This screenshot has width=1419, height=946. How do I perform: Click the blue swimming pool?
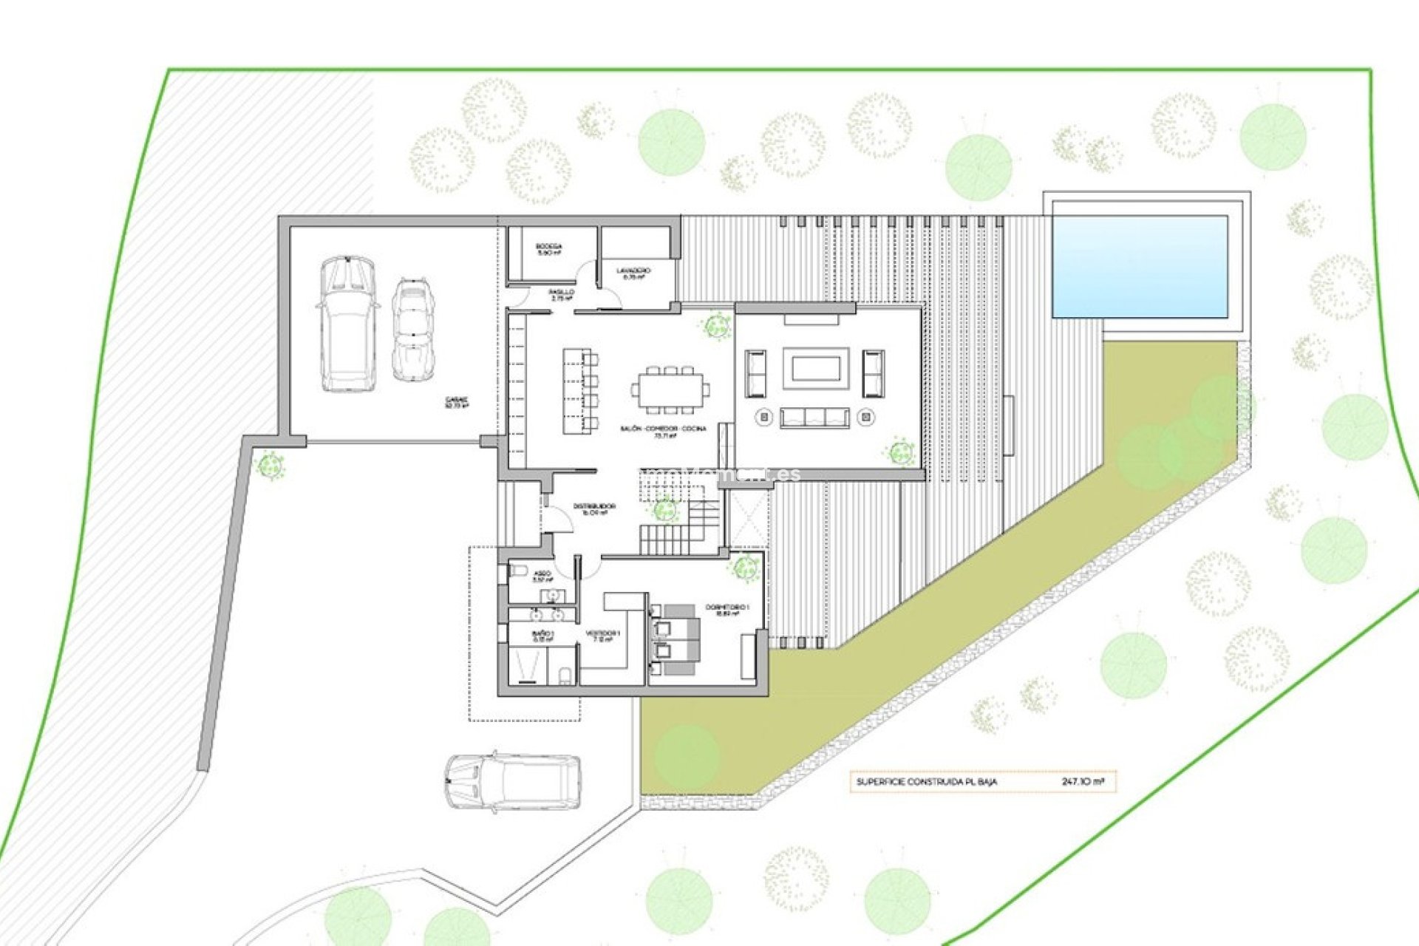point(1139,266)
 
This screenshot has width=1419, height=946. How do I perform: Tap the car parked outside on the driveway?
point(512,782)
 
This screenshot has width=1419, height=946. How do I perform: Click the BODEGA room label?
point(548,247)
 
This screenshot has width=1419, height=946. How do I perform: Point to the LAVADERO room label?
point(633,271)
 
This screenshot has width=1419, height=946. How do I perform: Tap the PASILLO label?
point(562,293)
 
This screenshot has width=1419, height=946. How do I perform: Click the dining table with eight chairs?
point(670,389)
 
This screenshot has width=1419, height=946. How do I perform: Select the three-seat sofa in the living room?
point(814,418)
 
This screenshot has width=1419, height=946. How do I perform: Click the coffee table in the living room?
point(814,367)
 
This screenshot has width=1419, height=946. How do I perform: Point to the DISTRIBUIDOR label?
point(594,507)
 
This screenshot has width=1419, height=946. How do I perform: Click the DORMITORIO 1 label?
point(727,608)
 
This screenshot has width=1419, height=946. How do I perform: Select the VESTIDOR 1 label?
point(603,634)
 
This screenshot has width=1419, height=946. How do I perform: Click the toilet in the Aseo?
point(518,571)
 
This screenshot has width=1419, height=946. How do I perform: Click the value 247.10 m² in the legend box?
point(1083,781)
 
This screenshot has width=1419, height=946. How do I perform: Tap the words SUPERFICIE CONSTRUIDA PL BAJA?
point(926,782)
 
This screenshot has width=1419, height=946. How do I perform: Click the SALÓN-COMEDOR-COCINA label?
point(664,429)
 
